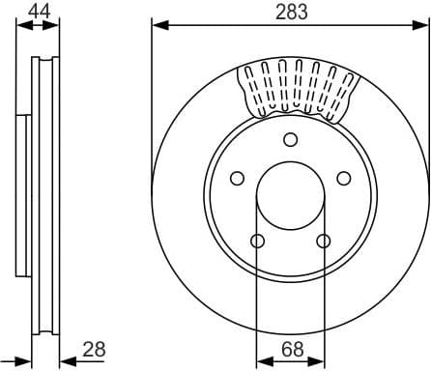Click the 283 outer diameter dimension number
tap(289, 12)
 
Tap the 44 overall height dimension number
tap(38, 12)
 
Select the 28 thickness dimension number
tap(94, 350)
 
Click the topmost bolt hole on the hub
tap(289, 139)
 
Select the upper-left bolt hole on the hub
tap(236, 178)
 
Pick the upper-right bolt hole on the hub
tap(342, 178)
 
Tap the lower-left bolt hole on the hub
tap(256, 241)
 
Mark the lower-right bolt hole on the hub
tap(322, 241)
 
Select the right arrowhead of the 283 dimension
tap(420, 24)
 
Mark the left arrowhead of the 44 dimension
tap(22, 24)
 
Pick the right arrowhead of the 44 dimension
tap(52, 24)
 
